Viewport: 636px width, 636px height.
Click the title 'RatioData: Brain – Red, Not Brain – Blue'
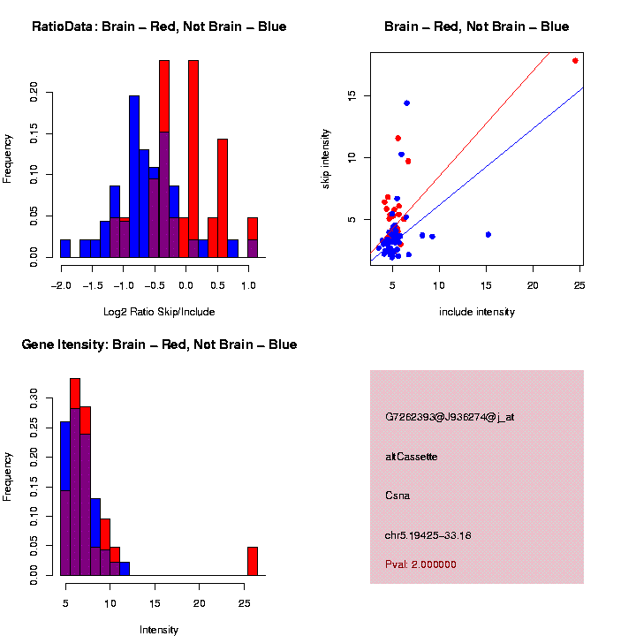[x=159, y=27]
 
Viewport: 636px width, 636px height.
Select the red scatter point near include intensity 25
[x=575, y=61]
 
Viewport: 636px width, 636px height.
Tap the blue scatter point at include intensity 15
[x=488, y=234]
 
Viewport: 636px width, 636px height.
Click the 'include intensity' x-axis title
[x=476, y=312]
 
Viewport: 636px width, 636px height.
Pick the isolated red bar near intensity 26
[x=252, y=561]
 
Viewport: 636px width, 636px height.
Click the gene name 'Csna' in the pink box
[x=397, y=496]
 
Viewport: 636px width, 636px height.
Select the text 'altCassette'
[x=411, y=457]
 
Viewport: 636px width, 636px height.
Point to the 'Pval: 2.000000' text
[x=420, y=564]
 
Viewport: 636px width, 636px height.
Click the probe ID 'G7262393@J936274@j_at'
[x=449, y=417]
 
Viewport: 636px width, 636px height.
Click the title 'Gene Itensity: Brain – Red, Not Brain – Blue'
[x=159, y=344]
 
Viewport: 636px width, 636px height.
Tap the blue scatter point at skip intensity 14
[x=406, y=103]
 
